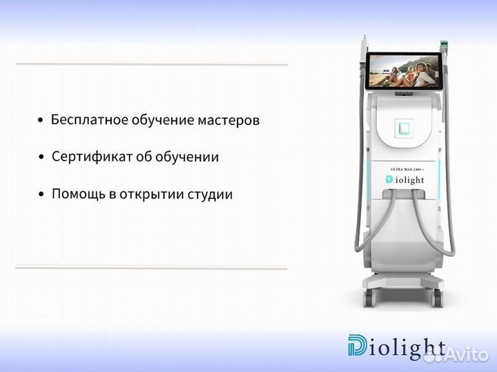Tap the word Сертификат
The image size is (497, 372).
(x=90, y=157)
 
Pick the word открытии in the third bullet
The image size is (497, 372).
(x=147, y=195)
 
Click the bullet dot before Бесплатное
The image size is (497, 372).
(x=41, y=121)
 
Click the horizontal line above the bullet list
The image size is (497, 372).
(x=152, y=64)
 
